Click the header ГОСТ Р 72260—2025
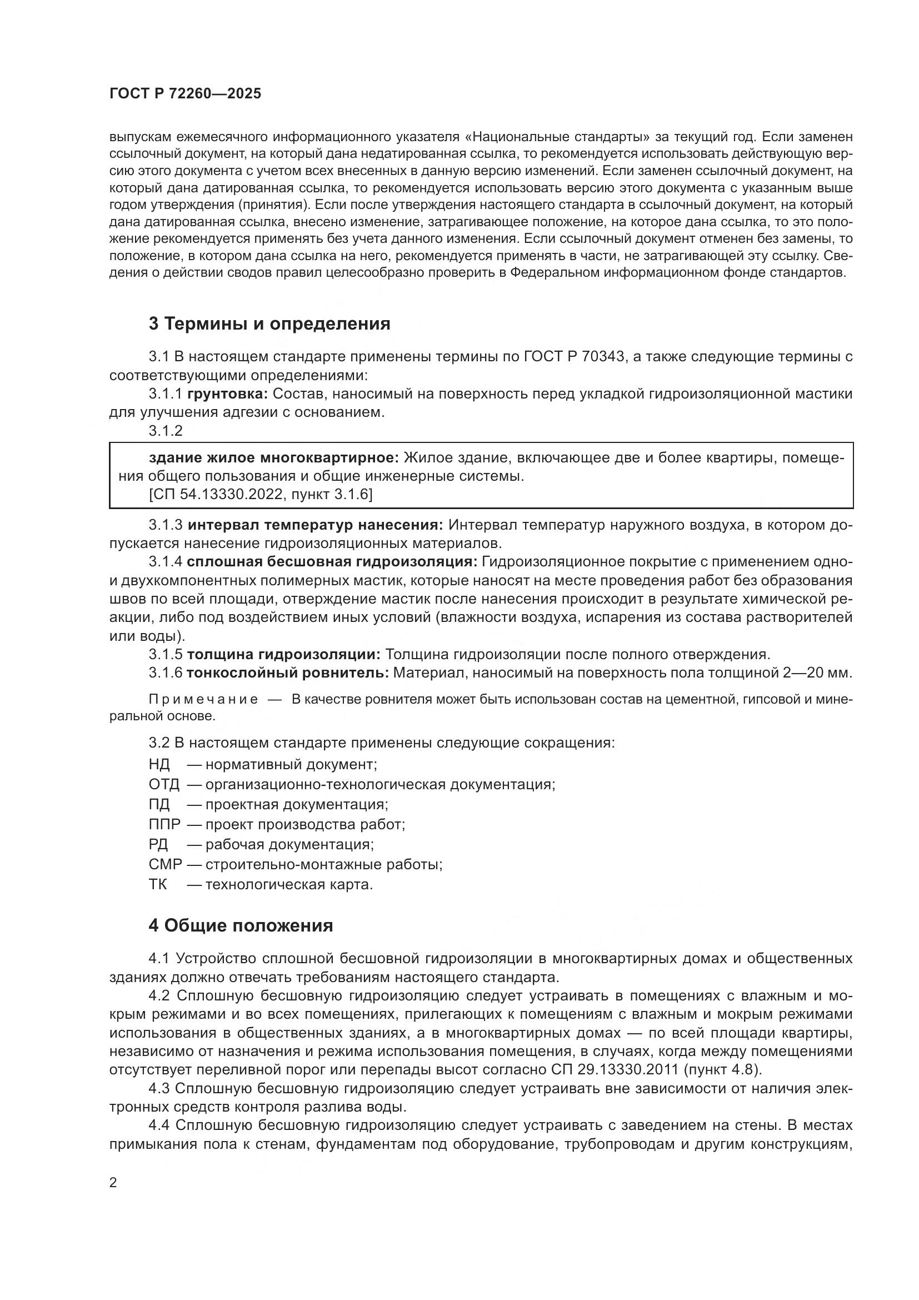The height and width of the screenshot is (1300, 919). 185,94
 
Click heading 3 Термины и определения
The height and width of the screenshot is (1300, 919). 269,324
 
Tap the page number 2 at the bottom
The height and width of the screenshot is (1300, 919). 113,1183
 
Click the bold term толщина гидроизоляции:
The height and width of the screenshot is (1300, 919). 283,655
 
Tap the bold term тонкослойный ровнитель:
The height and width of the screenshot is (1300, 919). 287,673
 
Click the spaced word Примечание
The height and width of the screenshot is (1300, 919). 203,699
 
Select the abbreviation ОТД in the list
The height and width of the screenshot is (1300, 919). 164,785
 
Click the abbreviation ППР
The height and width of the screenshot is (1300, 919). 164,824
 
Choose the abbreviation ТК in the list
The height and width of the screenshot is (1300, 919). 158,884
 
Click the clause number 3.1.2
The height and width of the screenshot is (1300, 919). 166,431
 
